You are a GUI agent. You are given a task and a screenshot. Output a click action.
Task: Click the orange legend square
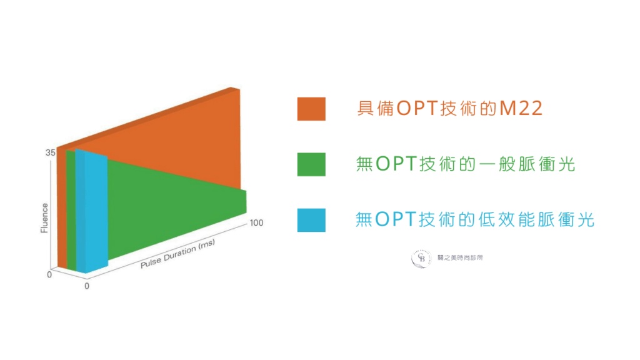pyautogui.click(x=311, y=109)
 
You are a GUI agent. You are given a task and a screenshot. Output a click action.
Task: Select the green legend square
pyautogui.click(x=311, y=164)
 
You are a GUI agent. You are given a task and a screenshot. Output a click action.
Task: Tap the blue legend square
pyautogui.click(x=311, y=220)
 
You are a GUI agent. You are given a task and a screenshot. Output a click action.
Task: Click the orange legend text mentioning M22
pyautogui.click(x=449, y=108)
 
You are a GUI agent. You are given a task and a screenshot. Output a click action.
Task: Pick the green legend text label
pyautogui.click(x=465, y=164)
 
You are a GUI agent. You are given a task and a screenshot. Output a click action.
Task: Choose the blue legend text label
pyautogui.click(x=475, y=219)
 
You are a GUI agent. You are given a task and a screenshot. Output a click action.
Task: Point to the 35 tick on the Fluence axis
pyautogui.click(x=50, y=152)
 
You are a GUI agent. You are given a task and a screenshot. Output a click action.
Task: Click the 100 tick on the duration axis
pyautogui.click(x=256, y=223)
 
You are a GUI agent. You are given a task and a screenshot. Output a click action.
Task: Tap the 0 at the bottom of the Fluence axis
pyautogui.click(x=49, y=275)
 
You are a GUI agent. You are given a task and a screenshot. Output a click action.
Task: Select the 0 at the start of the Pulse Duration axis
pyautogui.click(x=86, y=286)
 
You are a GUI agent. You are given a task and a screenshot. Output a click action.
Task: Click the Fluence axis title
pyautogui.click(x=44, y=218)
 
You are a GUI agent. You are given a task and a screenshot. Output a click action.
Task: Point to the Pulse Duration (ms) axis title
pyautogui.click(x=177, y=254)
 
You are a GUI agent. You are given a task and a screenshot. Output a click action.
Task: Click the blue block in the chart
pyautogui.click(x=92, y=211)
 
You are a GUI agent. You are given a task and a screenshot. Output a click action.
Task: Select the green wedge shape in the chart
pyautogui.click(x=176, y=208)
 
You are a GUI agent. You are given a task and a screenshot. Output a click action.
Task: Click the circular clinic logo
pyautogui.click(x=421, y=259)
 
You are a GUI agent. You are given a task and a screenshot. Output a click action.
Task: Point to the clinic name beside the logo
pyautogui.click(x=460, y=258)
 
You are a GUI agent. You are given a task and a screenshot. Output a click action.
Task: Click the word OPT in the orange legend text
pyautogui.click(x=417, y=108)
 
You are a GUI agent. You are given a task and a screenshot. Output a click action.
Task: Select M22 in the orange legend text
pyautogui.click(x=521, y=108)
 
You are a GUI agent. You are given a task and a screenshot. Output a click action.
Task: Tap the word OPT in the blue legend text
pyautogui.click(x=395, y=219)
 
